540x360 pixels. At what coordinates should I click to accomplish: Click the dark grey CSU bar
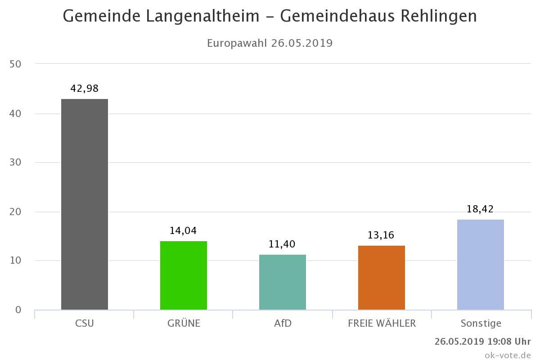tap(85, 204)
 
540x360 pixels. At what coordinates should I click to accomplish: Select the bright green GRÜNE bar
tap(184, 275)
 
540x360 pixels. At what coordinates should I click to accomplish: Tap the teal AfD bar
tap(283, 282)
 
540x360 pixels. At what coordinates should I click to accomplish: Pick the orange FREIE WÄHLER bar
tap(382, 278)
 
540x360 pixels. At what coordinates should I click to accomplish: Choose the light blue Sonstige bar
tap(481, 265)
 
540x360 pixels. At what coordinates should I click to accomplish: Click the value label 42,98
tap(85, 89)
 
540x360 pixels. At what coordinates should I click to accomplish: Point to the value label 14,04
tap(184, 231)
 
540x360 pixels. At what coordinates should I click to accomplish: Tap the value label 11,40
tap(283, 244)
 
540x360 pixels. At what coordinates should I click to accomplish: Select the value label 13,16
tap(382, 235)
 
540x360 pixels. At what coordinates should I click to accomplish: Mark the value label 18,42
tap(481, 209)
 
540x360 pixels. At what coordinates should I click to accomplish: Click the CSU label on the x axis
tap(85, 324)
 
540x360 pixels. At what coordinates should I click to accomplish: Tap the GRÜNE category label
tap(184, 324)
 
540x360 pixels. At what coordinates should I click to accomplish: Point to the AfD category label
tap(283, 324)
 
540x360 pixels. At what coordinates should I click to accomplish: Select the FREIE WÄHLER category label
tap(382, 324)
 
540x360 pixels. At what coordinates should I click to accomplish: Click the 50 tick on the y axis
tap(15, 64)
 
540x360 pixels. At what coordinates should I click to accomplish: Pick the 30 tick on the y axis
tap(15, 162)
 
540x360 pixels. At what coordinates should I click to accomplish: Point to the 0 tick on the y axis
tap(18, 310)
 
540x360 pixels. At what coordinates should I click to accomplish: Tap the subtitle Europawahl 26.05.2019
tap(270, 43)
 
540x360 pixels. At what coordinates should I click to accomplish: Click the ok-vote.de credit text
tap(508, 355)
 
